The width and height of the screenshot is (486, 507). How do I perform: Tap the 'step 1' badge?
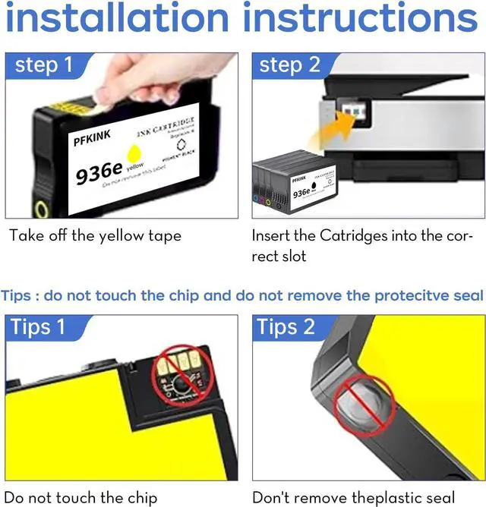(x=43, y=65)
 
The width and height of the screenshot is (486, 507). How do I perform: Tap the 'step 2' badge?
(x=289, y=65)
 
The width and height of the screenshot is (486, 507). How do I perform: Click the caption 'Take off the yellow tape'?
(x=95, y=236)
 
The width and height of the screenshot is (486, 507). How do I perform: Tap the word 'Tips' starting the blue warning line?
(x=17, y=295)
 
